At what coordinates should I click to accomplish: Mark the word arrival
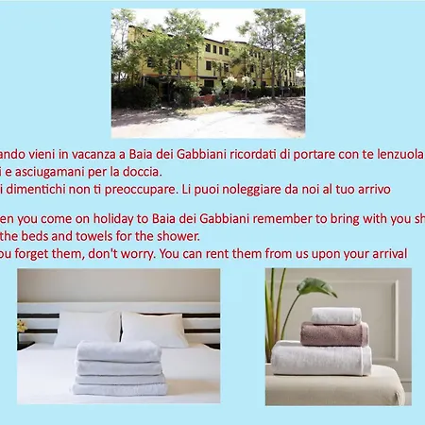(386, 253)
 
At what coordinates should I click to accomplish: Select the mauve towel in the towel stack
(334, 333)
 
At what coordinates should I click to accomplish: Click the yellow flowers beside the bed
(21, 326)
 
